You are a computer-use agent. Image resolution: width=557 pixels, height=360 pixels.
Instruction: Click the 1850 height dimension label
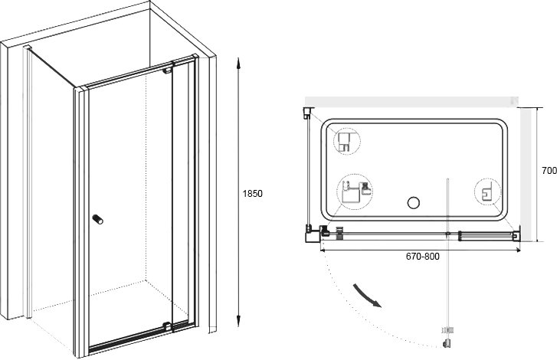(252, 194)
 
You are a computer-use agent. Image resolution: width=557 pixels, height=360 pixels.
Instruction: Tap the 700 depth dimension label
(549, 171)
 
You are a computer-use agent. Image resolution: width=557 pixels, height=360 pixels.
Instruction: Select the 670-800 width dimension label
(423, 257)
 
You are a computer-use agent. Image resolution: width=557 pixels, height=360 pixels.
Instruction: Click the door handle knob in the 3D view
(98, 219)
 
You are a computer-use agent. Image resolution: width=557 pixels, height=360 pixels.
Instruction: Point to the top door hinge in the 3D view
(167, 70)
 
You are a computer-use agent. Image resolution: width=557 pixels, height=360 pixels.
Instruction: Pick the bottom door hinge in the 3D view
(167, 326)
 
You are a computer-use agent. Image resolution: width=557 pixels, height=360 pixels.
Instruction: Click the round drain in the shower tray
(414, 203)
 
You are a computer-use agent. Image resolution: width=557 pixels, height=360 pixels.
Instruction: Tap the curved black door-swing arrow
(367, 296)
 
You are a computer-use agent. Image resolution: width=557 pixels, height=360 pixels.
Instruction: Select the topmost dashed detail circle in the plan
(347, 141)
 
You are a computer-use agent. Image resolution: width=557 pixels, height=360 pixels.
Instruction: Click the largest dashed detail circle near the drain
(355, 192)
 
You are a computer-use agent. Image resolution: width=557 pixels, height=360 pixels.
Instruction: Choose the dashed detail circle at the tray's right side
(488, 192)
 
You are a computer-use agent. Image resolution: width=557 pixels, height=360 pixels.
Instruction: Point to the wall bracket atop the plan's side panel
(308, 113)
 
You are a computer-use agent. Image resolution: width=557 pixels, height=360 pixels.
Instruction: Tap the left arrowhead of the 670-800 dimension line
(323, 250)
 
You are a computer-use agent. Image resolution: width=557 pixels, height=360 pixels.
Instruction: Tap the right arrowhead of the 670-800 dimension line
(518, 250)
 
